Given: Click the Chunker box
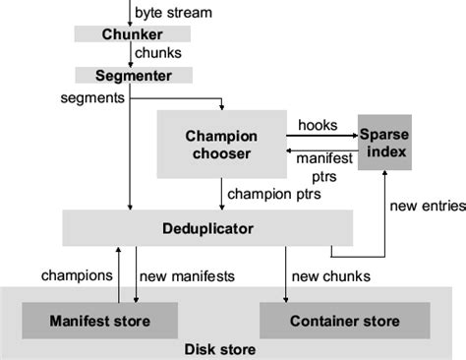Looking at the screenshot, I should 132,34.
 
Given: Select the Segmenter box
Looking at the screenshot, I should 134,75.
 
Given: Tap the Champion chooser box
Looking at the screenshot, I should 220,143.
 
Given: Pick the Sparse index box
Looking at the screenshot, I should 382,143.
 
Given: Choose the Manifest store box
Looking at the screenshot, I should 99,321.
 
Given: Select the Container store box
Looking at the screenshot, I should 344,321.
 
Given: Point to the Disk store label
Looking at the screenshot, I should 220,349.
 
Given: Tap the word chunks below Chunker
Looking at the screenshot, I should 157,54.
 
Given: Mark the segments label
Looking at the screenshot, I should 91,97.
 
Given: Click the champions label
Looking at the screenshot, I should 76,275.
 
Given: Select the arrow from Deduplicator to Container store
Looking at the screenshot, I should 286,275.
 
